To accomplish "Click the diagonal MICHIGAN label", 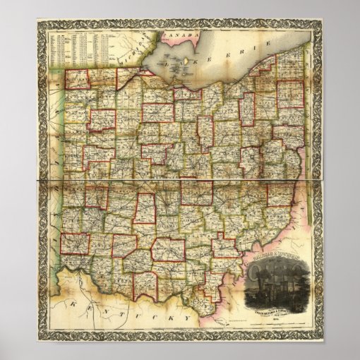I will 138,47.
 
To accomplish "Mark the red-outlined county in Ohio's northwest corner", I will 78,79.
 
